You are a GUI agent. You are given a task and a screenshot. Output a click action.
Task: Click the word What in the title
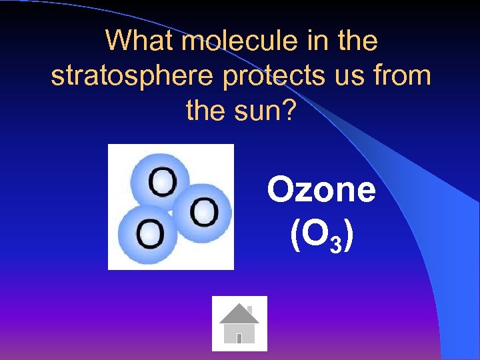tap(141, 41)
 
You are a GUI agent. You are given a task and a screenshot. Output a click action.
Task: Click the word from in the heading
tap(401, 76)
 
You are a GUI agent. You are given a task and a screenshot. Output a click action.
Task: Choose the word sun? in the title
tap(264, 110)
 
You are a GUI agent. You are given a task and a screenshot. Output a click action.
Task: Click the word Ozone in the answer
tap(321, 190)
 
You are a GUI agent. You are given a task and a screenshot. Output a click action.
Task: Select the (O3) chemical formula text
tap(321, 235)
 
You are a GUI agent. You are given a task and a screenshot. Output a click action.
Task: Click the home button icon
tap(239, 323)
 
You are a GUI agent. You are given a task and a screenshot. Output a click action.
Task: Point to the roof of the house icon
tap(239, 314)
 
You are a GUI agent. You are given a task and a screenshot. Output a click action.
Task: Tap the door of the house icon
tap(239, 339)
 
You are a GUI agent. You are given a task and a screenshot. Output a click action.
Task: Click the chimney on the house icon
tap(250, 309)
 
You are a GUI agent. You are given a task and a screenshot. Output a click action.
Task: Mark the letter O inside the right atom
tap(203, 213)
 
